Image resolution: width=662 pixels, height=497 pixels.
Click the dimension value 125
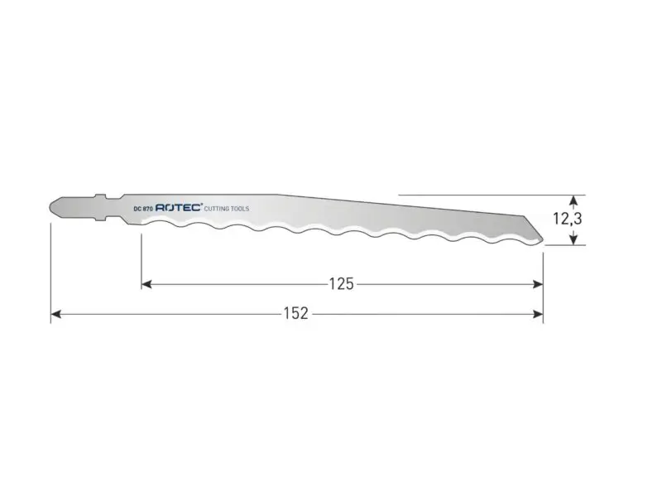point(341,284)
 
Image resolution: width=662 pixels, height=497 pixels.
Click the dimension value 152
point(295,314)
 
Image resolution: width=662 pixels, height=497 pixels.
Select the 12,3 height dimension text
point(568,219)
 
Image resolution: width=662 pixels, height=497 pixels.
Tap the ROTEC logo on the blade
point(179,208)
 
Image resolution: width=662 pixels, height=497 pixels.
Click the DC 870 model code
point(142,209)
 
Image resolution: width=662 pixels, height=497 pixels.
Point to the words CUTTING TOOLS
point(227,209)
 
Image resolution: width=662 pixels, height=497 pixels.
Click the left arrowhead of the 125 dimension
point(146,284)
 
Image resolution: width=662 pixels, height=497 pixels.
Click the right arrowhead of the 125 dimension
point(538,284)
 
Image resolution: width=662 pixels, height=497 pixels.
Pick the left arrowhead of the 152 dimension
point(56,314)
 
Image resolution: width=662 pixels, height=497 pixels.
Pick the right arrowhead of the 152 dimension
point(538,314)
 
